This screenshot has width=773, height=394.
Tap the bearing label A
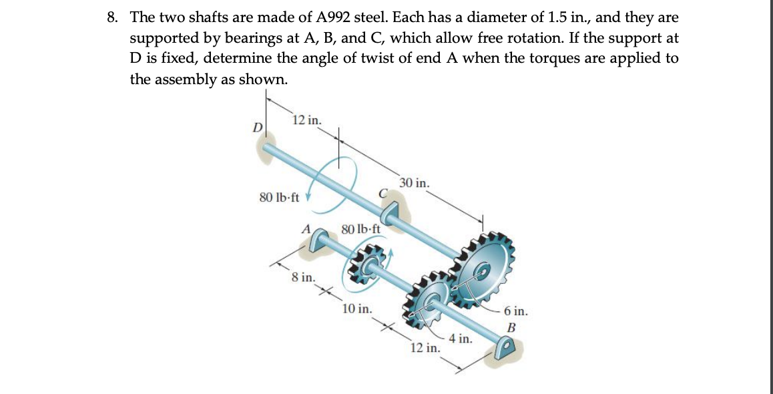306,228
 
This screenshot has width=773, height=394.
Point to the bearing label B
512,327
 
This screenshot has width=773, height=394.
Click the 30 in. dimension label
415,183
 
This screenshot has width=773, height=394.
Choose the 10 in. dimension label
357,309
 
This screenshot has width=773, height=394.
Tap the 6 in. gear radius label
517,311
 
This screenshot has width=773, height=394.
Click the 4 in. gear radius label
461,339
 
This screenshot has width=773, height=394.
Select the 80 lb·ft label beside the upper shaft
278,198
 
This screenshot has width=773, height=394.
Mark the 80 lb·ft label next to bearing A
361,228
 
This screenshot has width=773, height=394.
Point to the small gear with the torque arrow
366,266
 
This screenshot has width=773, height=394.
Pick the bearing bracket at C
391,212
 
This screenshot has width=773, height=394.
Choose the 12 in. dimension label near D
308,121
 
